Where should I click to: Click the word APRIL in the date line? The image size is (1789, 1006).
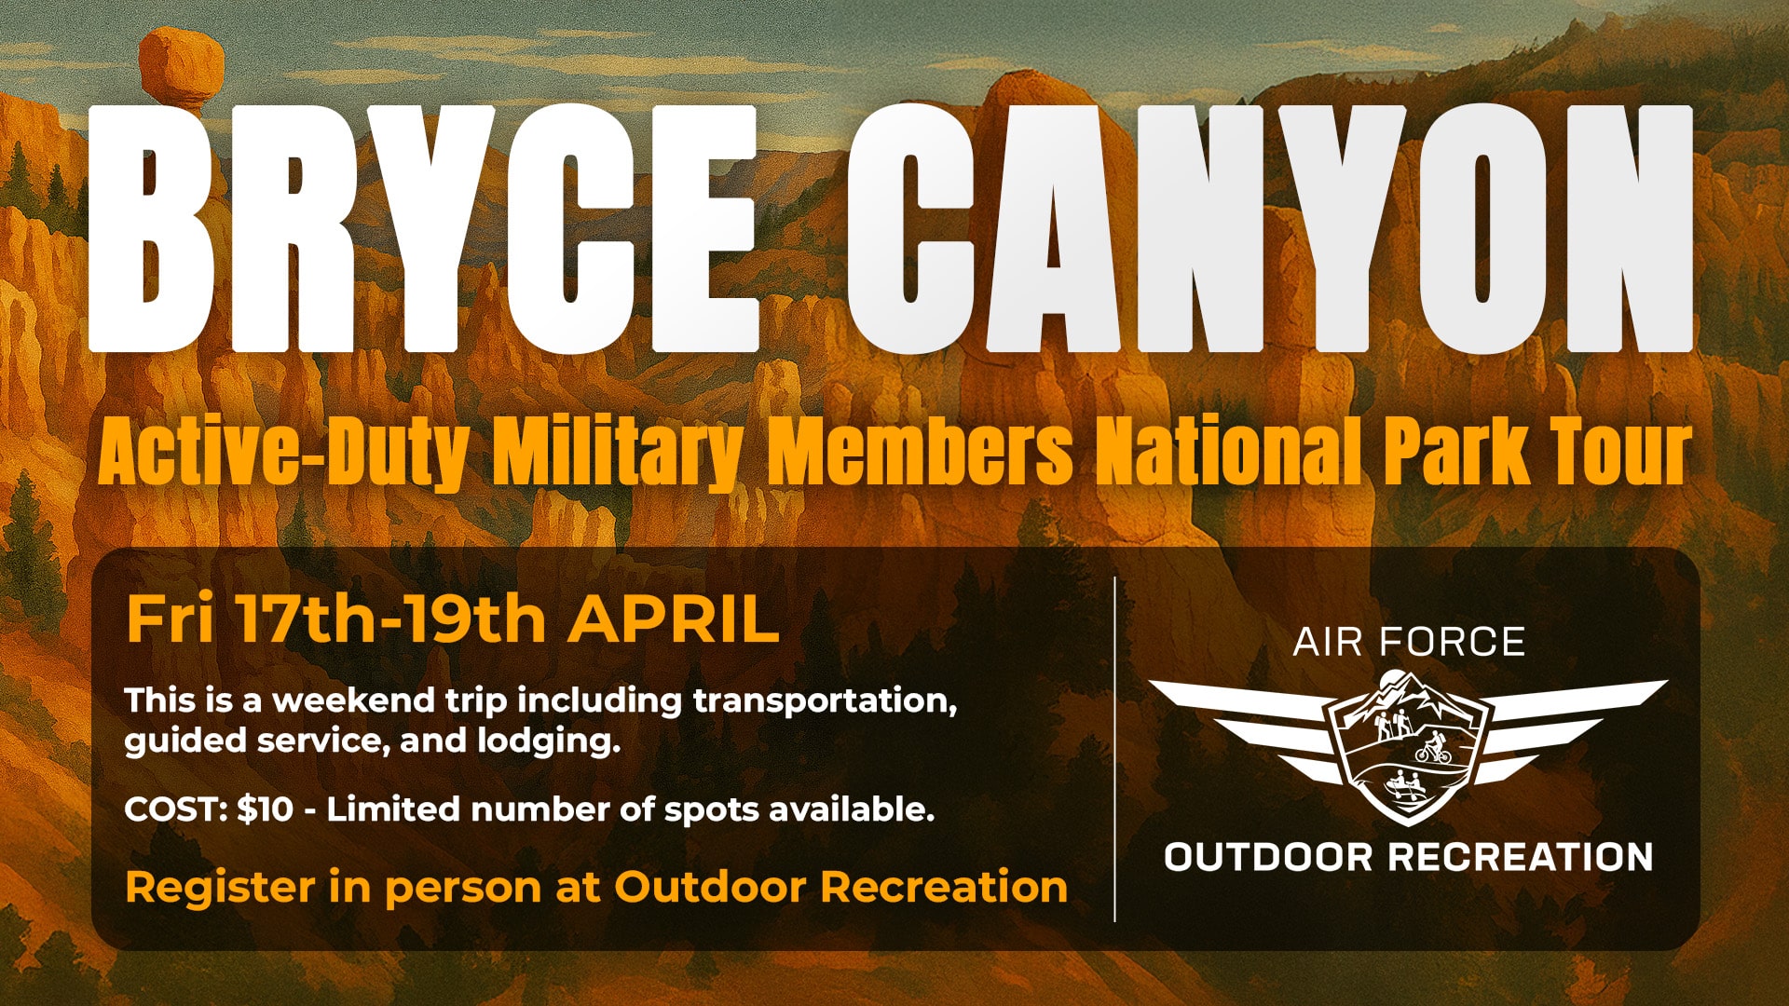pyautogui.click(x=674, y=619)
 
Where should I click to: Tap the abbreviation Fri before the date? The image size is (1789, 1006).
pyautogui.click(x=169, y=619)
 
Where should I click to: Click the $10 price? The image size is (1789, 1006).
pyautogui.click(x=265, y=809)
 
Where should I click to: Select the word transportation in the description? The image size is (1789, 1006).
pyautogui.click(x=825, y=700)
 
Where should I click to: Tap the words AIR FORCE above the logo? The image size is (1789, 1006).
pyautogui.click(x=1408, y=642)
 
